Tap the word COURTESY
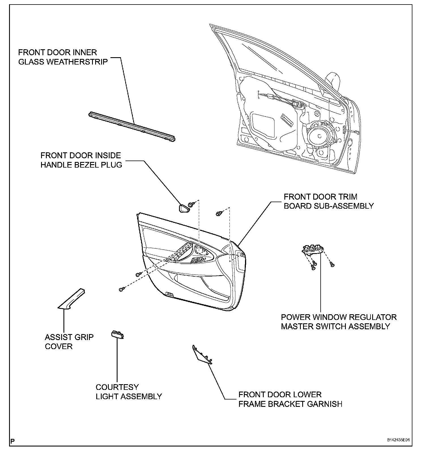[117, 387]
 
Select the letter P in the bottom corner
[12, 441]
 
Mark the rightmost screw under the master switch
[332, 265]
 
